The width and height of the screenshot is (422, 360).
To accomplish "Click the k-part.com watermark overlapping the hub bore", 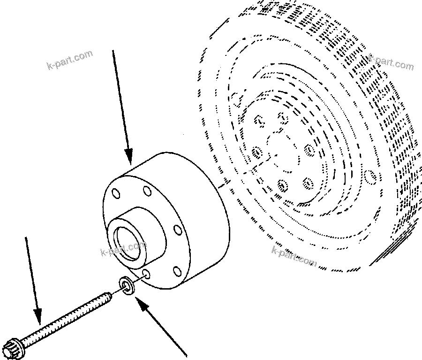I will click(x=123, y=248).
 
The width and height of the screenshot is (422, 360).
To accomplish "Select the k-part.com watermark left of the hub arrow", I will click(x=70, y=60).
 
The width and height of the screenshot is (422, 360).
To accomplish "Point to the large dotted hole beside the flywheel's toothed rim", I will click(x=371, y=178).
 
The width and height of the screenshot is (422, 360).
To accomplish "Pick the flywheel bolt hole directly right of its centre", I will click(x=309, y=150).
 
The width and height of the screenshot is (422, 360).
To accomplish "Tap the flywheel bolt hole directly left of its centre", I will click(x=256, y=152).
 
